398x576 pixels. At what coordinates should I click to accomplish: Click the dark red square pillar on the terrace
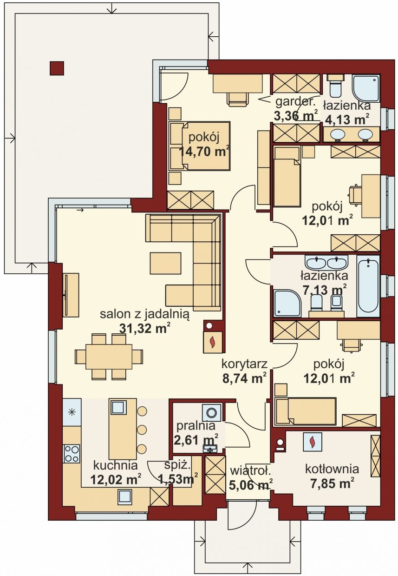pyautogui.click(x=57, y=68)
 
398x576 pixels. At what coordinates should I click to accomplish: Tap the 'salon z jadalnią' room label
pyautogui.click(x=144, y=314)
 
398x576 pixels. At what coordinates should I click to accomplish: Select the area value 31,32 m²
pyautogui.click(x=145, y=328)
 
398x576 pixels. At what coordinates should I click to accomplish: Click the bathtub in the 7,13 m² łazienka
pyautogui.click(x=368, y=286)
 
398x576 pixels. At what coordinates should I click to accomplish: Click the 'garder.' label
pyautogui.click(x=295, y=102)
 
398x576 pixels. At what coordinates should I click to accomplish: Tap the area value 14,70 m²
pyautogui.click(x=204, y=152)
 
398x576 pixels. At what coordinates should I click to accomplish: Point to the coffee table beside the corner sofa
pyautogui.click(x=165, y=263)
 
